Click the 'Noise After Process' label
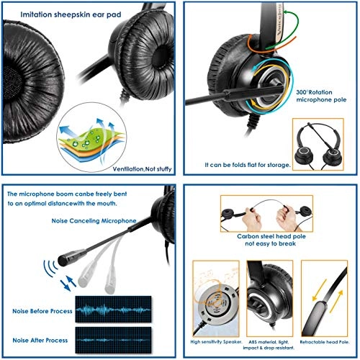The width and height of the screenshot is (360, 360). [37, 339]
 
